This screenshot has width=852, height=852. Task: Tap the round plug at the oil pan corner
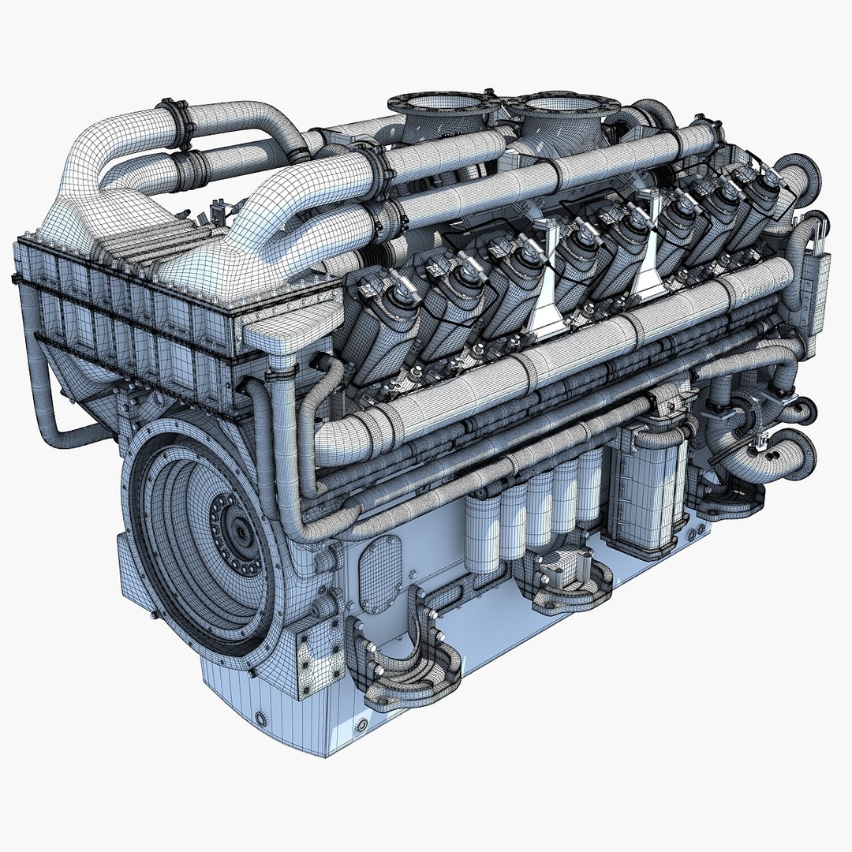261,718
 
